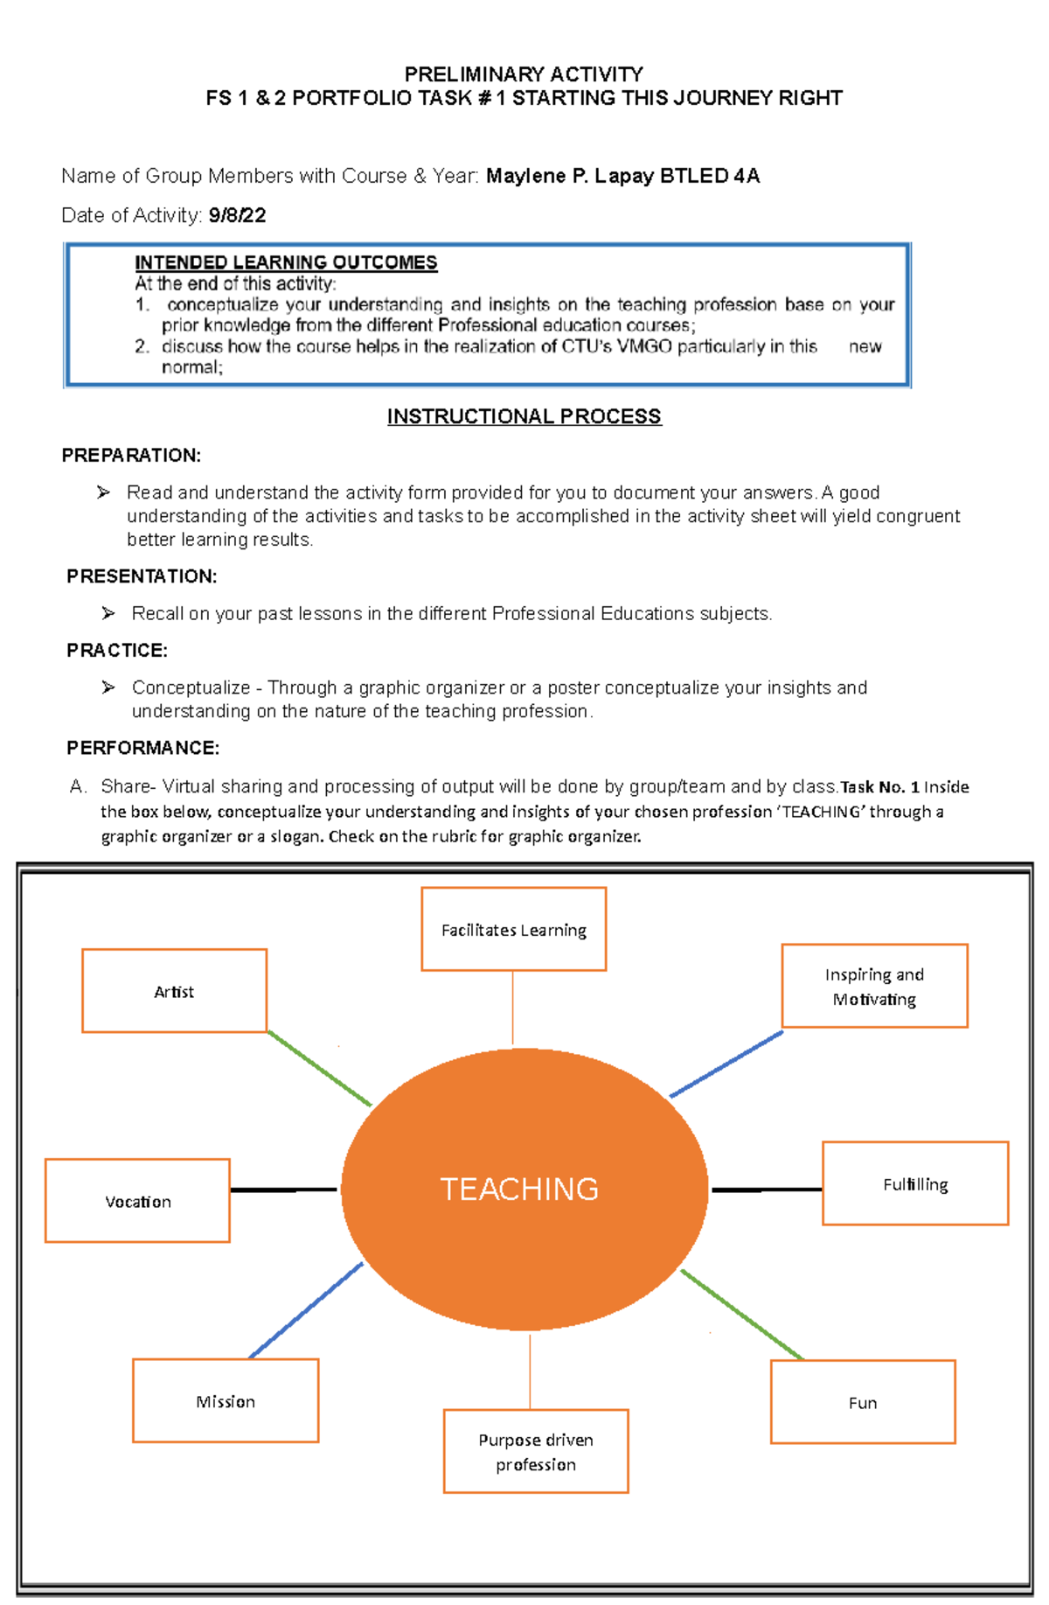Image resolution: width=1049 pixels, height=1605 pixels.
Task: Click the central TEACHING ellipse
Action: (x=524, y=1189)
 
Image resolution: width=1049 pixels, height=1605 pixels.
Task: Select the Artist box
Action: (x=174, y=991)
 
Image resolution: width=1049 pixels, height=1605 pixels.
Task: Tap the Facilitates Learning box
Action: (x=513, y=929)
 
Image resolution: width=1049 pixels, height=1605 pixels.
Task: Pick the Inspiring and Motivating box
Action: (x=874, y=986)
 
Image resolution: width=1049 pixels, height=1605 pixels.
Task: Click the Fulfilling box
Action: (x=915, y=1183)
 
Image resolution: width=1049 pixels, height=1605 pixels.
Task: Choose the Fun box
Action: (x=863, y=1402)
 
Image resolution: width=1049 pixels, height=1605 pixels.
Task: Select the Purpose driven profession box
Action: (x=536, y=1451)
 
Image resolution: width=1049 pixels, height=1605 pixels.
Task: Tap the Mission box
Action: (x=226, y=1400)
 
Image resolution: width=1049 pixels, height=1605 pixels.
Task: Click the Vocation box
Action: (x=137, y=1201)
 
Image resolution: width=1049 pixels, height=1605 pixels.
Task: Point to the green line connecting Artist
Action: (x=320, y=1068)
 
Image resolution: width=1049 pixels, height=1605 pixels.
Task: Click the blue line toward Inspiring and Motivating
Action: (x=726, y=1064)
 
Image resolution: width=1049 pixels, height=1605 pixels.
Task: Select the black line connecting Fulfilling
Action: (x=767, y=1190)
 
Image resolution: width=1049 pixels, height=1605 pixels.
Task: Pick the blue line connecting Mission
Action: (x=306, y=1310)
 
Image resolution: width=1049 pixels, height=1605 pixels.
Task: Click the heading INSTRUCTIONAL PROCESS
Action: (x=524, y=416)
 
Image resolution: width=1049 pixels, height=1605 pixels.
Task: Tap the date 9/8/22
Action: (x=237, y=215)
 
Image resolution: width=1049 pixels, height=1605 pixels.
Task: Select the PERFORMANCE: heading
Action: (x=142, y=748)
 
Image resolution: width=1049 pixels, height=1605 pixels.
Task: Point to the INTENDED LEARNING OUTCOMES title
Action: (x=286, y=262)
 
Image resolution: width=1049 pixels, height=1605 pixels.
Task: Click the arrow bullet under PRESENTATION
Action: (x=108, y=613)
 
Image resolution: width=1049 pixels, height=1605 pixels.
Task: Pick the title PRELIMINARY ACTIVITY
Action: (x=524, y=74)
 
